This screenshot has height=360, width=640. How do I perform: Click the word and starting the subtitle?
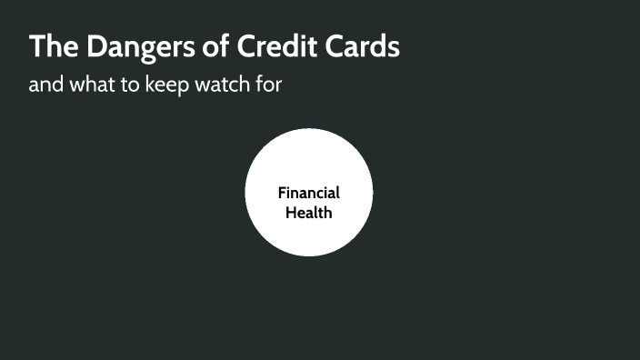pos(45,86)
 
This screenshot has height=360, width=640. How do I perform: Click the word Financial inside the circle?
pos(309,193)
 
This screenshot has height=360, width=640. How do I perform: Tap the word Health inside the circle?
pos(309,213)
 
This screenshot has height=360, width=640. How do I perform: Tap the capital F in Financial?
pos(282,193)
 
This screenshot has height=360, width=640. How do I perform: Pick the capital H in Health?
pos(291,213)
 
